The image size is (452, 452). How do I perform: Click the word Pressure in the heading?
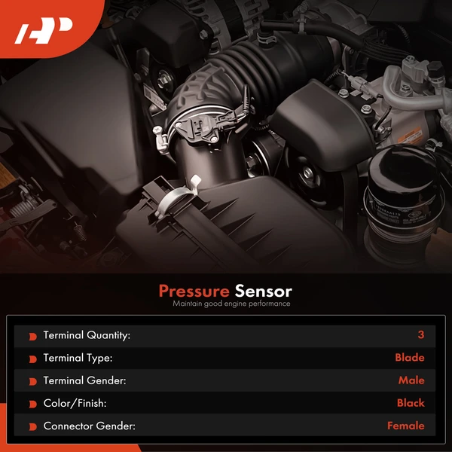click(x=194, y=291)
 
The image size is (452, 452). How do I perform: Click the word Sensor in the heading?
click(x=263, y=291)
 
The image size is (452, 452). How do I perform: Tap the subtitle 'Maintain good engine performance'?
click(x=231, y=304)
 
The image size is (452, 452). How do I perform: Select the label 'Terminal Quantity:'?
click(x=87, y=335)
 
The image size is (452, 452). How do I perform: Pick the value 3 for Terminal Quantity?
click(x=420, y=335)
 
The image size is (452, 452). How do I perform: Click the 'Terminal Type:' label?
click(x=78, y=358)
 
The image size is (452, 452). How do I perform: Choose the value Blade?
click(x=409, y=358)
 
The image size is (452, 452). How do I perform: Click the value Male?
click(x=411, y=380)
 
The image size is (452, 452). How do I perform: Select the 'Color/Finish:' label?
click(x=74, y=403)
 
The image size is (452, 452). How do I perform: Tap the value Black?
click(x=411, y=403)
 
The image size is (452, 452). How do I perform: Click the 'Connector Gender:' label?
click(x=89, y=426)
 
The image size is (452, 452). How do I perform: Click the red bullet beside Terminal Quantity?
click(x=32, y=336)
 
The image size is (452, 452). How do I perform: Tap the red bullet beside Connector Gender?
click(x=32, y=427)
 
